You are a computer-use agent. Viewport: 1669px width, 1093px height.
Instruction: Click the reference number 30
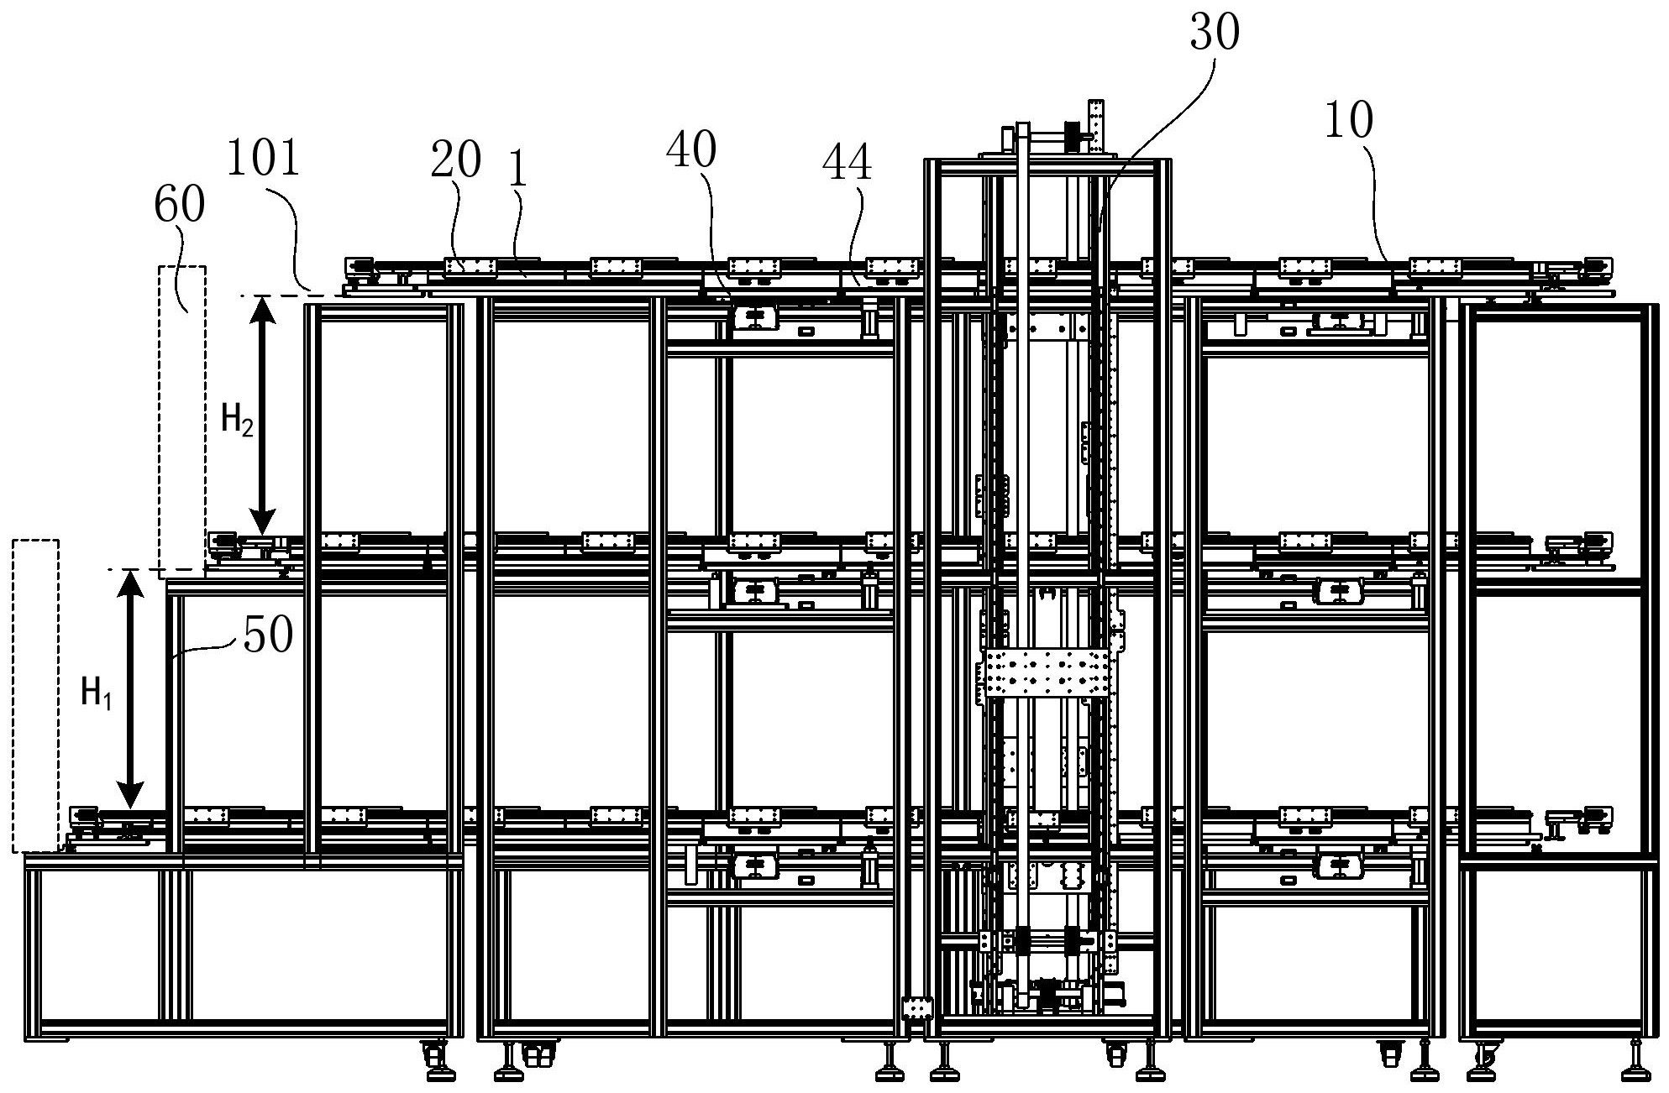[1214, 34]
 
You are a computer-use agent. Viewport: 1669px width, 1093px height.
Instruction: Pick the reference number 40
[691, 151]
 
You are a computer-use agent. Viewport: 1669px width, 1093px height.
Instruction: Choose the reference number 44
[847, 163]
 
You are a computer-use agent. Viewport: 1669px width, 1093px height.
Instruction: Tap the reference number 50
[268, 635]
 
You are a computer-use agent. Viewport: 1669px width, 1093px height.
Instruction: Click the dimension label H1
[96, 694]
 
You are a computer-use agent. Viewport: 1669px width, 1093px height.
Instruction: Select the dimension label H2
[236, 420]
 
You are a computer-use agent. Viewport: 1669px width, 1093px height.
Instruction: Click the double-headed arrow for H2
[264, 416]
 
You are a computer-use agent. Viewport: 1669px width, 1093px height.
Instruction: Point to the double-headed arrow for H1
[129, 688]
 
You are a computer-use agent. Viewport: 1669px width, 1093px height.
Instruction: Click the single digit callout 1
[517, 170]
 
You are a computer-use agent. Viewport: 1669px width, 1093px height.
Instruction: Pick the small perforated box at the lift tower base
[916, 1007]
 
